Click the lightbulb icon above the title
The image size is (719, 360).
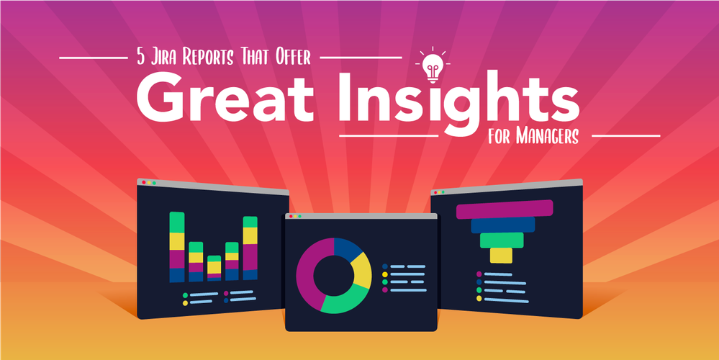pyautogui.click(x=432, y=66)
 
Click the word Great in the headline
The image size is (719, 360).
pyautogui.click(x=225, y=102)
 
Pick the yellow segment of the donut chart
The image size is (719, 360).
pyautogui.click(x=362, y=270)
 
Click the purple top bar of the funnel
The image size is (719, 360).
pyautogui.click(x=505, y=209)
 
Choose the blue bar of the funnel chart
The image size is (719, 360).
pyautogui.click(x=503, y=225)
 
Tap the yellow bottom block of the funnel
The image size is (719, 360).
pyautogui.click(x=501, y=256)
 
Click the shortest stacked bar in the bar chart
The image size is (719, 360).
pyautogui.click(x=214, y=269)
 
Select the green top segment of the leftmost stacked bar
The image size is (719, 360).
pyautogui.click(x=177, y=222)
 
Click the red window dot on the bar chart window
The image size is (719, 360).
pyautogui.click(x=144, y=182)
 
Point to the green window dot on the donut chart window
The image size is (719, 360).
pyautogui.click(x=300, y=216)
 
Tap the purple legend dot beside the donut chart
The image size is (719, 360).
pyautogui.click(x=385, y=290)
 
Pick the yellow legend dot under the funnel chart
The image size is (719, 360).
pyautogui.click(x=479, y=299)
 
